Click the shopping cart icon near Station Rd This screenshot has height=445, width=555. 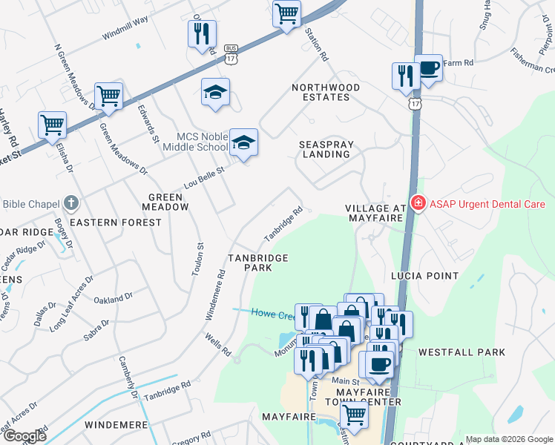coord(286,13)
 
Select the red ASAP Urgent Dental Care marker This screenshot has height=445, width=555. coord(418,203)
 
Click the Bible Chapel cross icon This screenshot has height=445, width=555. coord(70,203)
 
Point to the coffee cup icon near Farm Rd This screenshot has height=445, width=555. coord(428,67)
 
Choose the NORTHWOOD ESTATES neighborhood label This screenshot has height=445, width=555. coord(326,92)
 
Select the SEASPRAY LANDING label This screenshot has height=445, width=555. coord(326,149)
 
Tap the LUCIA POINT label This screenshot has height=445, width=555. coord(425,275)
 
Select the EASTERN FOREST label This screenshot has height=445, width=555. coord(115,222)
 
